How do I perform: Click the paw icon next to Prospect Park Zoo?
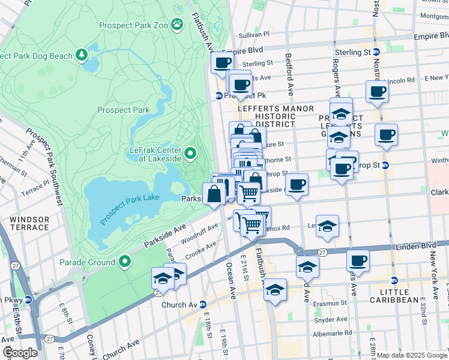coord(177,24)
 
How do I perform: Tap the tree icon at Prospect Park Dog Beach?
coord(82,56)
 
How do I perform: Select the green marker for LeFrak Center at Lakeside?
coord(190,154)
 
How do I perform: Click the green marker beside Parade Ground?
coord(125,262)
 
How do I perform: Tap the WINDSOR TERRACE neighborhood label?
coord(29,223)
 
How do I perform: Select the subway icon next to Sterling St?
coord(376,52)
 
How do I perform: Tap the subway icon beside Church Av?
coord(203,304)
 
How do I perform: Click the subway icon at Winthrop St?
coord(385,165)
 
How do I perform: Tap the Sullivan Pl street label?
coord(255,35)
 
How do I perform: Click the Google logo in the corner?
coord(20,352)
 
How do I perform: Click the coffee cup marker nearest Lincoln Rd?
coord(377,92)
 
